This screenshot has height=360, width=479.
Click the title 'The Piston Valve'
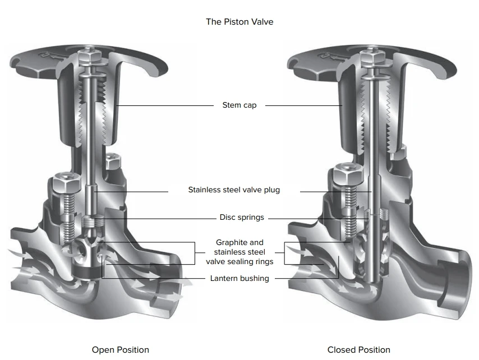239,22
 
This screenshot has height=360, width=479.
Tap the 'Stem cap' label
239,105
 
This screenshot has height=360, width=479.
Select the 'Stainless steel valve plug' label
234,190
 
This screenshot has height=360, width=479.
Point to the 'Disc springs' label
241,218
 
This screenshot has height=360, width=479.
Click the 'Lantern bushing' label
239,278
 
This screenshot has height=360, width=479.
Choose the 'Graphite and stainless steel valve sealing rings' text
239,252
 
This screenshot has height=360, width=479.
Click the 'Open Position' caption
121,350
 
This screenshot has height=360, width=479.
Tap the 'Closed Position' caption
358,350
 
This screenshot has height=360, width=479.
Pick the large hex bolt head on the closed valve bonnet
343,177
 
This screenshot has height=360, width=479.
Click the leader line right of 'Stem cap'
303,105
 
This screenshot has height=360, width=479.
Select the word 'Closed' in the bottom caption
341,350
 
